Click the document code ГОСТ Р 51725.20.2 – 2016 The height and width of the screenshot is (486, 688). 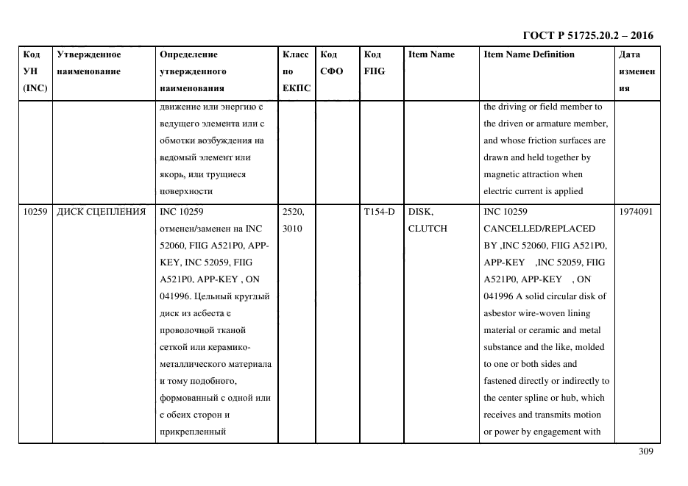coord(587,35)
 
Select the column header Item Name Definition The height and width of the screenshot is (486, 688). coord(528,54)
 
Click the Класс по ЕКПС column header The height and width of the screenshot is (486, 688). coord(296,71)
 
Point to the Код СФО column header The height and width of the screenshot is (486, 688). coord(330,63)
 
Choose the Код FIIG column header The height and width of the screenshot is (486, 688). coord(374,63)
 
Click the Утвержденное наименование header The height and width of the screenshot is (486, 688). coord(88,63)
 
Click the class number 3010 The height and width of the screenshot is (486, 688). coord(291,229)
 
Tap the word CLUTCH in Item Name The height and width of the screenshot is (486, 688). coord(428,229)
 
